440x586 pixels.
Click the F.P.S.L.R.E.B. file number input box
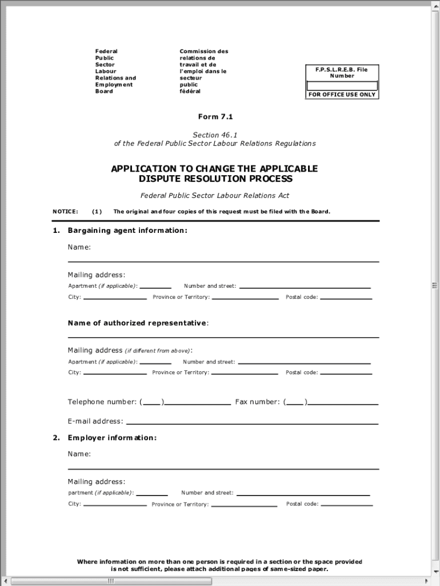tap(342, 86)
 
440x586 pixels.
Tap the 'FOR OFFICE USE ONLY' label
tap(342, 94)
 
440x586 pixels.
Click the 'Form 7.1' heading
tap(215, 117)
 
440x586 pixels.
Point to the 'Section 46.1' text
tap(215, 135)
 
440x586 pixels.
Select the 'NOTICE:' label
tap(65, 212)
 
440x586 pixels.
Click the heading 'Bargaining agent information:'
tap(127, 231)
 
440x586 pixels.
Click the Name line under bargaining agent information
tap(223, 258)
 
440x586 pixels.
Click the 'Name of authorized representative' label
tap(138, 323)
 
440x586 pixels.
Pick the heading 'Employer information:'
tap(112, 438)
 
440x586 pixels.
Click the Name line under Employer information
tap(223, 465)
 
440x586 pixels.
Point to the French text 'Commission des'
tap(203, 52)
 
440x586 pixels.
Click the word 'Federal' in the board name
tap(106, 52)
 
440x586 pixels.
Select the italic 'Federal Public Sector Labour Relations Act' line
tap(215, 196)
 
